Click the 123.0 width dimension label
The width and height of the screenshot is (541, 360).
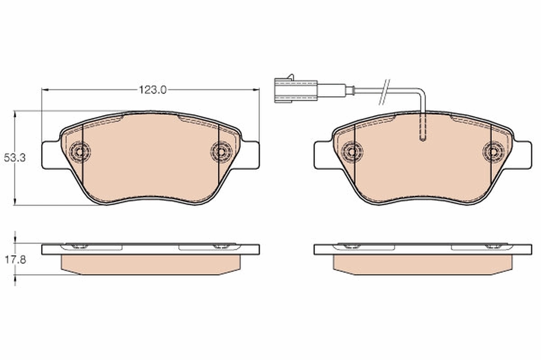152,90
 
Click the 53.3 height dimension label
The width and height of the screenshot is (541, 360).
14,158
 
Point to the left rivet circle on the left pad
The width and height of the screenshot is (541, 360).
80,152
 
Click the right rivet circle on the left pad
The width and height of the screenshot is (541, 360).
221,152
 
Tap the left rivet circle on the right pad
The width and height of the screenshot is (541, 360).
352,152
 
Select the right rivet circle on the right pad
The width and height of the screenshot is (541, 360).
493,152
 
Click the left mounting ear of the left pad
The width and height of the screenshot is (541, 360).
50,155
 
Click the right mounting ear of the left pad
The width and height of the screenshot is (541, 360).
251,155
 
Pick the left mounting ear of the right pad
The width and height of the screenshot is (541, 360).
322,155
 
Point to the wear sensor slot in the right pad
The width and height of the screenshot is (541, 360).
422,129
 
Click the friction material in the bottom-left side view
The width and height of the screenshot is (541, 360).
151,264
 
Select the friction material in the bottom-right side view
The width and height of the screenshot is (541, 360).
422,264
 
